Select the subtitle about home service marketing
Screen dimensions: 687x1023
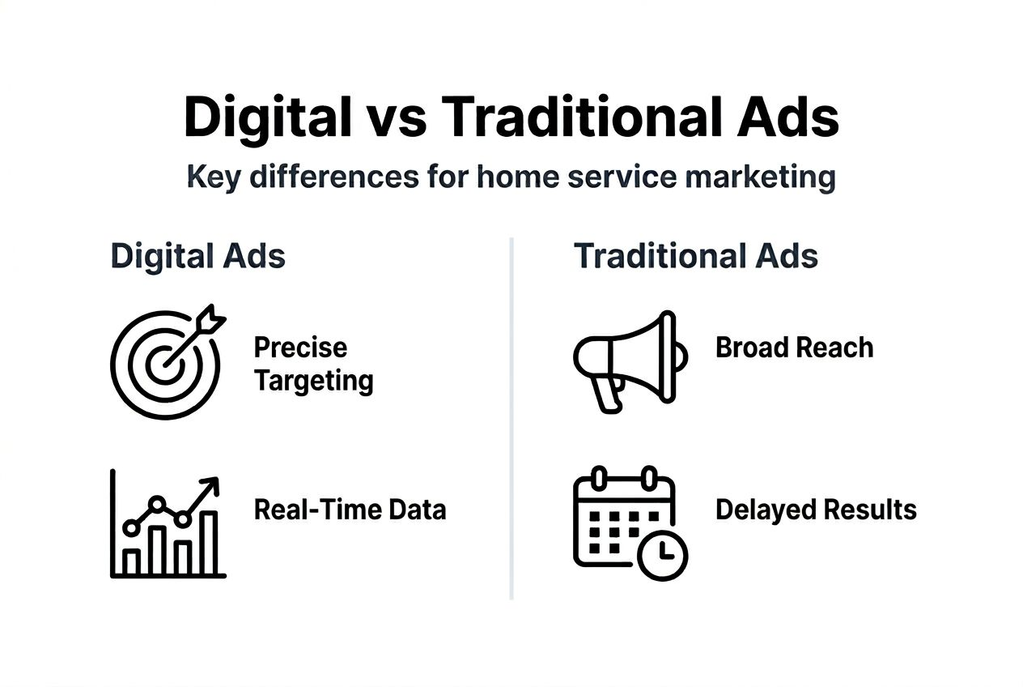point(511,176)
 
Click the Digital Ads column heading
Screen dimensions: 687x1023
point(197,256)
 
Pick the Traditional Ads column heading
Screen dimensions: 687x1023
point(695,256)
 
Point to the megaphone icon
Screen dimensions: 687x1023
point(630,359)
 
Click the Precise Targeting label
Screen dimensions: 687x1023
point(313,363)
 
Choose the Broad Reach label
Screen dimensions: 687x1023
point(794,348)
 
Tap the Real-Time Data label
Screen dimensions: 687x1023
point(350,510)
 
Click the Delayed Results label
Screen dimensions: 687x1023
point(816,510)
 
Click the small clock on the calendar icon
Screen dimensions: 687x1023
point(662,554)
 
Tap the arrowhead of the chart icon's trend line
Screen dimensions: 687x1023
point(211,485)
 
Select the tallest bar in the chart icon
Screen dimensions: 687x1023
point(210,543)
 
